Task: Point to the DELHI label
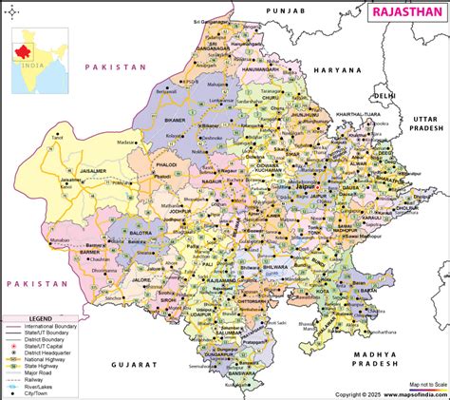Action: (384, 96)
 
